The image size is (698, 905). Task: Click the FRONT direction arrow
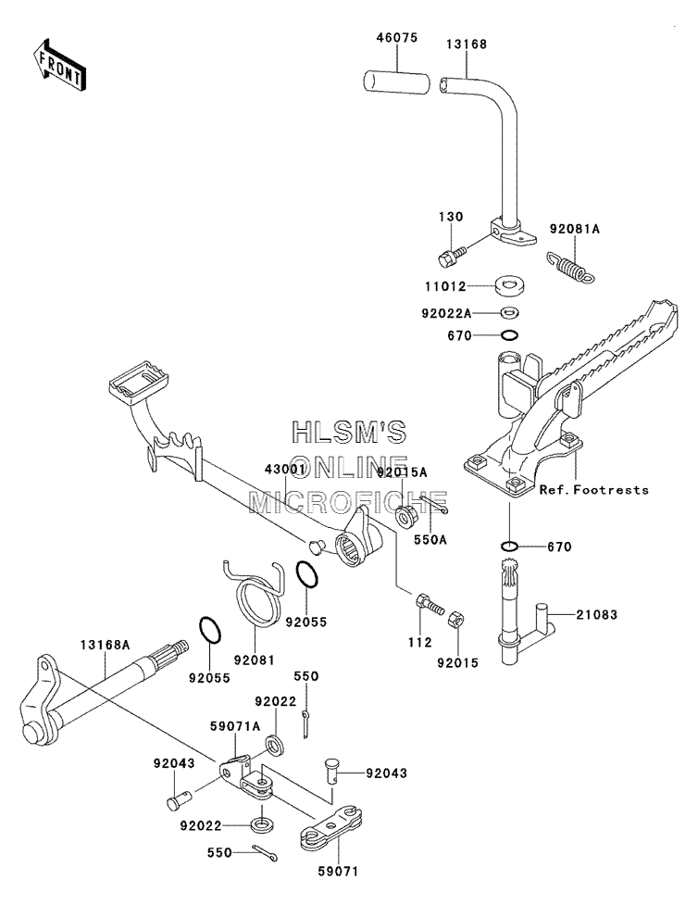[x=59, y=64]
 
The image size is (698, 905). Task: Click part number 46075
[x=397, y=38]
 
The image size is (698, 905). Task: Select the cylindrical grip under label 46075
[x=396, y=82]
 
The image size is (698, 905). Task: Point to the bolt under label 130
[x=452, y=257]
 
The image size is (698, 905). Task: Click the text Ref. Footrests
[x=593, y=489]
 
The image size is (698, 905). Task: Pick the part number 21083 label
[x=596, y=615]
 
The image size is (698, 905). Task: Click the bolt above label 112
[x=429, y=604]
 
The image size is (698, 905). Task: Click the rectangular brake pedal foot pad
[x=139, y=381]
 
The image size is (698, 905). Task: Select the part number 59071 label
[x=338, y=872]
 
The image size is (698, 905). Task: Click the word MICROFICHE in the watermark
[x=348, y=502]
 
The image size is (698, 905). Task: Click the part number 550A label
[x=430, y=540]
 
